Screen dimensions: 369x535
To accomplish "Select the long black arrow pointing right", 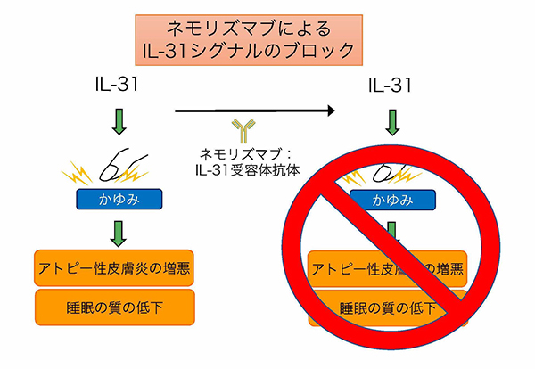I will tap(254, 111).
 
